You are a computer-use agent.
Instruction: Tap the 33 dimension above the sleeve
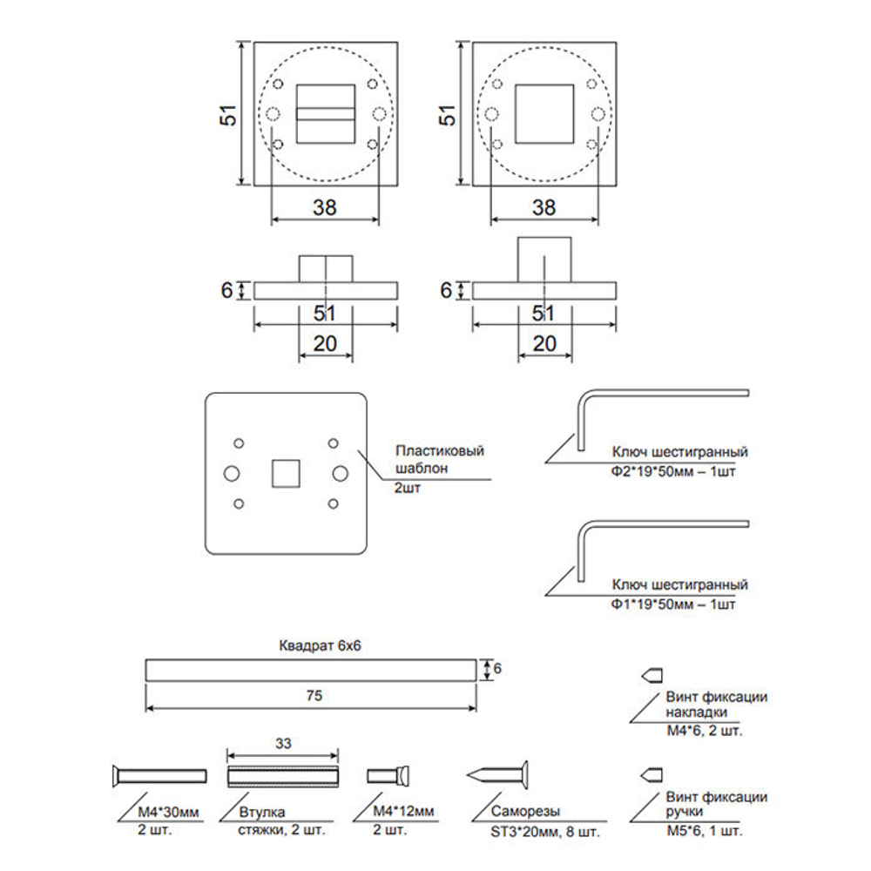coord(283,744)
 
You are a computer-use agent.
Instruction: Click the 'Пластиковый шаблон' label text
coord(439,459)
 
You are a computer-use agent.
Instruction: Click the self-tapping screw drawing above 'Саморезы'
coord(498,773)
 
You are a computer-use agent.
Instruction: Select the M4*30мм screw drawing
coord(159,774)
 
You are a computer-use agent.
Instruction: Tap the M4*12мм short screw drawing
coord(389,774)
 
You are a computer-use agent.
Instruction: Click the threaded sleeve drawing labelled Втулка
coord(282,774)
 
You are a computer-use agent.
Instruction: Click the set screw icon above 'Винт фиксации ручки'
coord(652,773)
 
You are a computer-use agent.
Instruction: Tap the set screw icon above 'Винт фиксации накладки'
coord(652,674)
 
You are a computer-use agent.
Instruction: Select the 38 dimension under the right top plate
coord(544,207)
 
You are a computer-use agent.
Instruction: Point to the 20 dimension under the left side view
coord(325,344)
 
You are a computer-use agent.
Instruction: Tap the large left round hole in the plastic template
coord(233,472)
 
